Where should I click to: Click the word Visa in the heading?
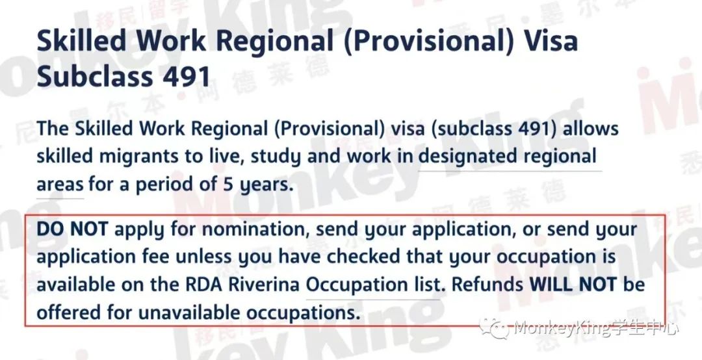click(551, 41)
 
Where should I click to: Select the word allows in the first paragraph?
click(590, 129)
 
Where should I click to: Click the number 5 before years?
click(228, 185)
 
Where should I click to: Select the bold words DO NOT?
click(72, 229)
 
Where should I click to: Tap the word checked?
click(363, 257)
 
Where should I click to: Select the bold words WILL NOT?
click(573, 285)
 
